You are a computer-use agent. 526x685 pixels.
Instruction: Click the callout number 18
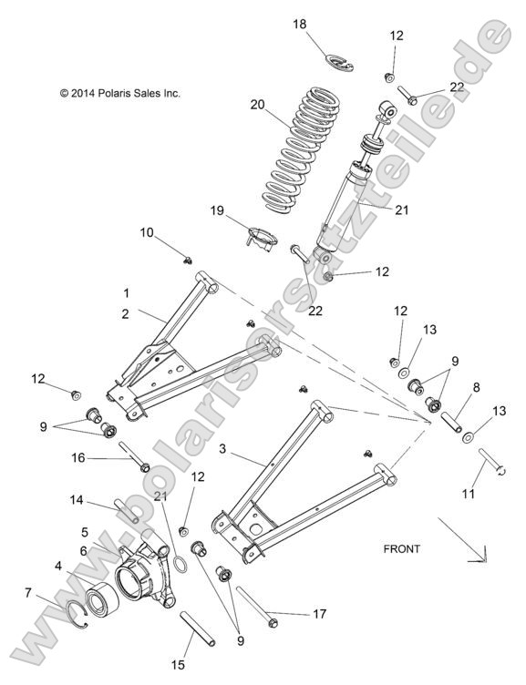[300, 25]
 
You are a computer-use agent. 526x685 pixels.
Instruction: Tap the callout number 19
[217, 210]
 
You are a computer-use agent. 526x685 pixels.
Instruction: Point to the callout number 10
[147, 232]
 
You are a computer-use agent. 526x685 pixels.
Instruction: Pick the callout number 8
[475, 386]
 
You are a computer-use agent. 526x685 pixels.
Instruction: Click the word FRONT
[401, 548]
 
